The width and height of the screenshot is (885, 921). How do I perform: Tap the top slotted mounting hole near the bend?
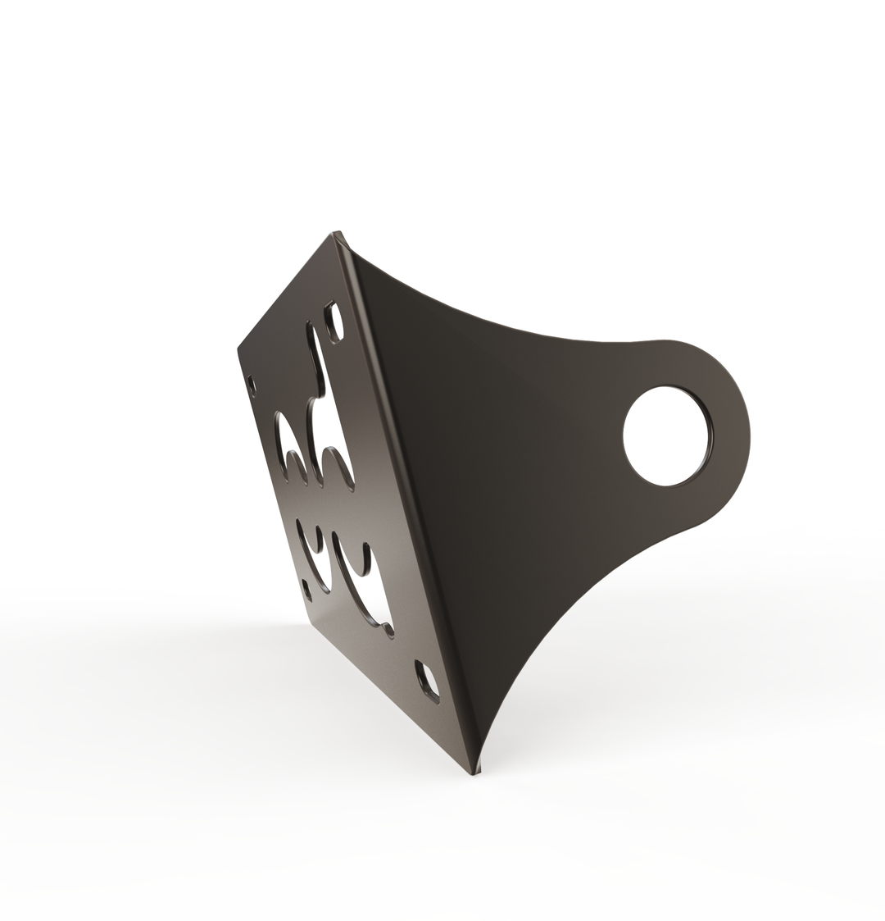pos(334,321)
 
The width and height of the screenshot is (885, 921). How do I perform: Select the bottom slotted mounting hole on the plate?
pos(427,681)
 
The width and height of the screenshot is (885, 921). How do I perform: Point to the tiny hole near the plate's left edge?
pos(252,384)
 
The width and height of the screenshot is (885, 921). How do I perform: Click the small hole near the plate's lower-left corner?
pos(307,589)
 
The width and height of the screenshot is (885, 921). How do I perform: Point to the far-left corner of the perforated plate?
pos(238,348)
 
